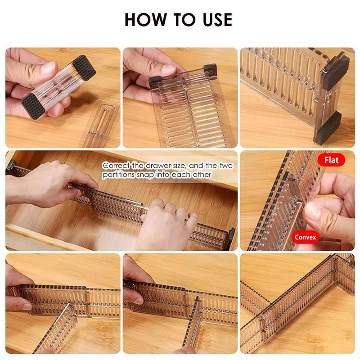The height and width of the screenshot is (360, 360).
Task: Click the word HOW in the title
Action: click(x=145, y=19)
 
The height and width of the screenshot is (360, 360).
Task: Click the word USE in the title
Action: click(x=217, y=19)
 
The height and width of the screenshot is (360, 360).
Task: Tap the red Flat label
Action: click(x=331, y=160)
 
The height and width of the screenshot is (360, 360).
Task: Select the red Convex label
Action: click(x=305, y=237)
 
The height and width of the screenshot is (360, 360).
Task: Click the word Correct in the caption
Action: click(x=116, y=165)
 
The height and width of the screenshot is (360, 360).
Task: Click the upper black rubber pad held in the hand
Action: click(x=84, y=68)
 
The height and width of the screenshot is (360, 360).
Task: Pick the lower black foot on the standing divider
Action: click(x=328, y=128)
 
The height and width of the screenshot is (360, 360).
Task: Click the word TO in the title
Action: click(x=184, y=19)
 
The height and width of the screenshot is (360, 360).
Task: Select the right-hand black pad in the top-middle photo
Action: click(x=210, y=70)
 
